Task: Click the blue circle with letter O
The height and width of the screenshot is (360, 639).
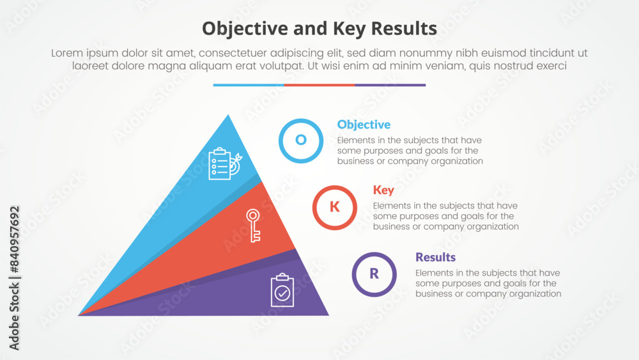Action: click(x=300, y=140)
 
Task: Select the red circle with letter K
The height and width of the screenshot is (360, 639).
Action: click(x=334, y=207)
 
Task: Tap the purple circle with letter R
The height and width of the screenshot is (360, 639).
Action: click(x=374, y=274)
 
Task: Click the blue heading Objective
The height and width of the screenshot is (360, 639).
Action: click(x=364, y=125)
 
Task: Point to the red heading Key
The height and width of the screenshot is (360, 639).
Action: click(x=383, y=191)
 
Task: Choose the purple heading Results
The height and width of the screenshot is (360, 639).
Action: click(x=435, y=257)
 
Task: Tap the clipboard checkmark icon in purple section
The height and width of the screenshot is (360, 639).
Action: click(x=282, y=290)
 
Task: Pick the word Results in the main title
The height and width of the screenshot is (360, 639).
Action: click(x=405, y=28)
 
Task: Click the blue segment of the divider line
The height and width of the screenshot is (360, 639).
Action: click(x=249, y=85)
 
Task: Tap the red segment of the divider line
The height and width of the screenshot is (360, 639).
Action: click(x=319, y=85)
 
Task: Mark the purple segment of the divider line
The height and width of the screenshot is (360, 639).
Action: click(x=390, y=85)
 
